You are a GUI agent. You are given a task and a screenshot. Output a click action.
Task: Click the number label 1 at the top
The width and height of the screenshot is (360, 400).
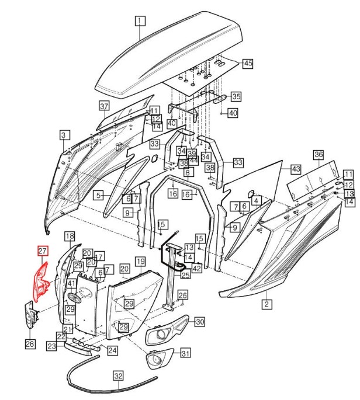pyautogui.click(x=139, y=22)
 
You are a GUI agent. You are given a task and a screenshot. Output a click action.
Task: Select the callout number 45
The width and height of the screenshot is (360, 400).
pyautogui.click(x=247, y=63)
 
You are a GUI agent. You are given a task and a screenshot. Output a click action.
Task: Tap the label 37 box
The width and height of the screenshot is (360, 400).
pyautogui.click(x=104, y=106)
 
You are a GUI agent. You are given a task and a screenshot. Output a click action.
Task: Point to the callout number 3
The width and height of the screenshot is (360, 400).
pyautogui.click(x=63, y=135)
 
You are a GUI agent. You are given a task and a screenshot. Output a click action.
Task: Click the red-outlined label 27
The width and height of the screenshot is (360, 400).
pyautogui.click(x=42, y=251)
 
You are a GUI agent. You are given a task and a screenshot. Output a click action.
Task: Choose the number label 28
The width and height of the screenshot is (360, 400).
pyautogui.click(x=29, y=343)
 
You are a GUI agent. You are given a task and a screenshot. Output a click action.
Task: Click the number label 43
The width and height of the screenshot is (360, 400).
pyautogui.click(x=296, y=168)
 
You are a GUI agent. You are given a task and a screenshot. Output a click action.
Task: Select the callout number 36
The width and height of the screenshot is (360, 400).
pyautogui.click(x=319, y=155)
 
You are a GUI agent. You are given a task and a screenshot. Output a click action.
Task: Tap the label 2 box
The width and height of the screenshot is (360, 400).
pyautogui.click(x=266, y=304)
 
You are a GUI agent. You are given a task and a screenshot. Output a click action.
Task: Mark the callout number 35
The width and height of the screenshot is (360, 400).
pyautogui.click(x=236, y=96)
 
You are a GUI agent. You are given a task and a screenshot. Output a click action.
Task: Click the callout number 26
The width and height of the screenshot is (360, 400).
pyautogui.click(x=183, y=295)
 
